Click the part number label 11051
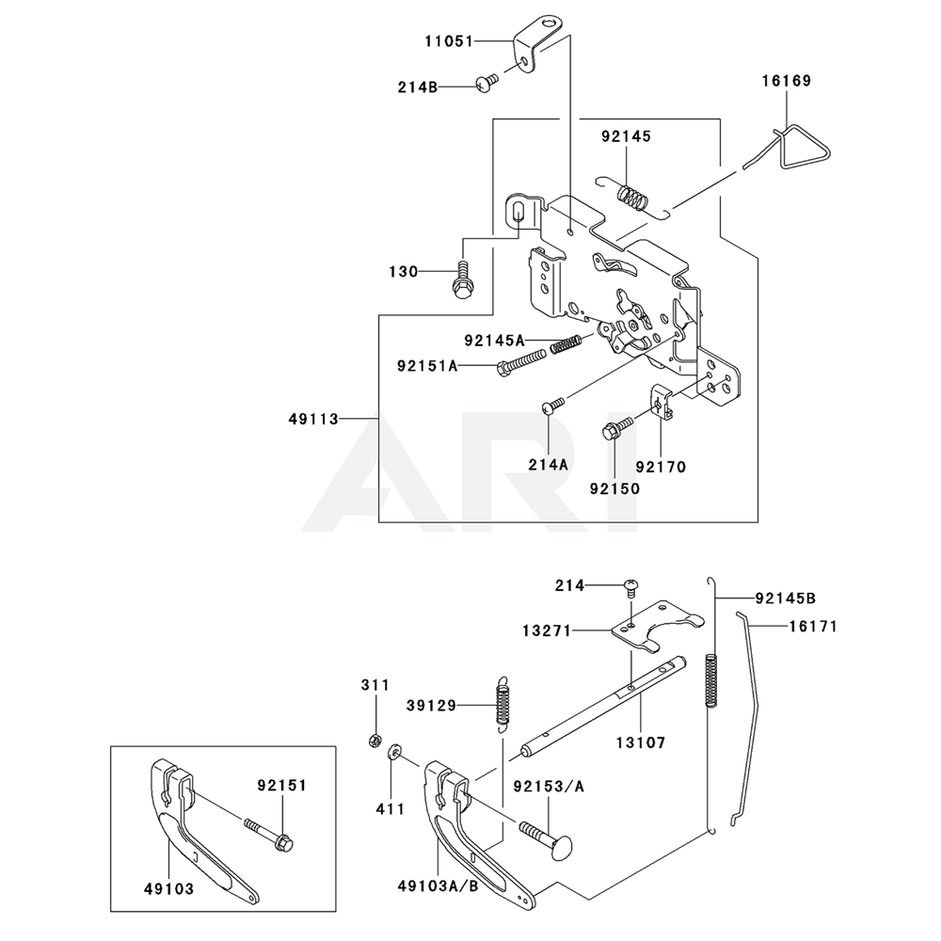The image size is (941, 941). coord(447,41)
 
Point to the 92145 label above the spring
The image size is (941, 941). coord(627,136)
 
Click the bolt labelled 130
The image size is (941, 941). coord(462,279)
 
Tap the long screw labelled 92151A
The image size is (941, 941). coord(517,363)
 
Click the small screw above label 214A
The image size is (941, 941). coord(551,406)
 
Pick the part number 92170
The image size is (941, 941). coord(661,465)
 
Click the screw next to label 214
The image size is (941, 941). coord(630,588)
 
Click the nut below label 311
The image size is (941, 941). coord(374,738)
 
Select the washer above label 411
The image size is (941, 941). coord(395,752)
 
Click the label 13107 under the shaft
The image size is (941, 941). coord(640,742)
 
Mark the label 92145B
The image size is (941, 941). coord(786,597)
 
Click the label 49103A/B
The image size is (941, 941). coord(438,887)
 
